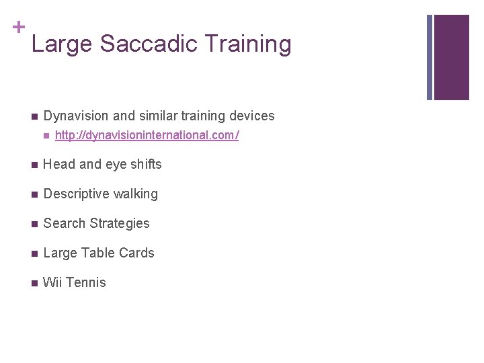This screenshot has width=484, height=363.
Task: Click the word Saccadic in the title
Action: coord(149,44)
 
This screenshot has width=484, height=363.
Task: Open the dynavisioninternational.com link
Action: coord(147,136)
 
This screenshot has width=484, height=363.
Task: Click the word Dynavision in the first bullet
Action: coord(75,116)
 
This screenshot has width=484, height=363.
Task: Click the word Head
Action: coord(58,164)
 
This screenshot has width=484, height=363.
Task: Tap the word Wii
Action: coord(52,282)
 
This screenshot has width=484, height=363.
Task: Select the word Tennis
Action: coord(85,282)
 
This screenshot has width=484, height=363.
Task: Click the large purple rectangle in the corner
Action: coord(451,57)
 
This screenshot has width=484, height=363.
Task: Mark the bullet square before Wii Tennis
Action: coord(34,283)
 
